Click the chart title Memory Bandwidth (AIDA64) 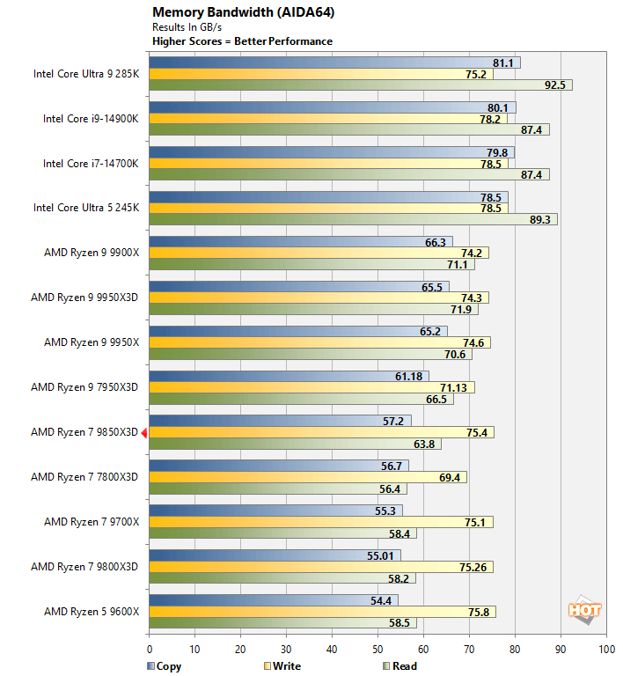(x=231, y=12)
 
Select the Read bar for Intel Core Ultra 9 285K (x=352, y=85)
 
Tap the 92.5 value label (x=554, y=85)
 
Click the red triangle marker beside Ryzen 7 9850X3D (x=143, y=432)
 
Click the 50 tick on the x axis (x=377, y=650)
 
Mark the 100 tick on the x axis (x=606, y=650)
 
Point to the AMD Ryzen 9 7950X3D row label (x=84, y=387)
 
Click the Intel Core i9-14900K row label (x=91, y=119)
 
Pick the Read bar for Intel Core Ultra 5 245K (x=352, y=219)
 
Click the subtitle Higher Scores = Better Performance (x=242, y=40)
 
